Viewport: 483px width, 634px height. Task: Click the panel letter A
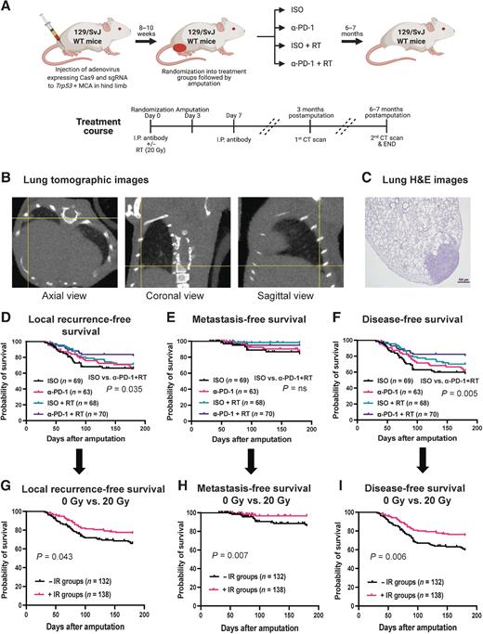click(x=7, y=7)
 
